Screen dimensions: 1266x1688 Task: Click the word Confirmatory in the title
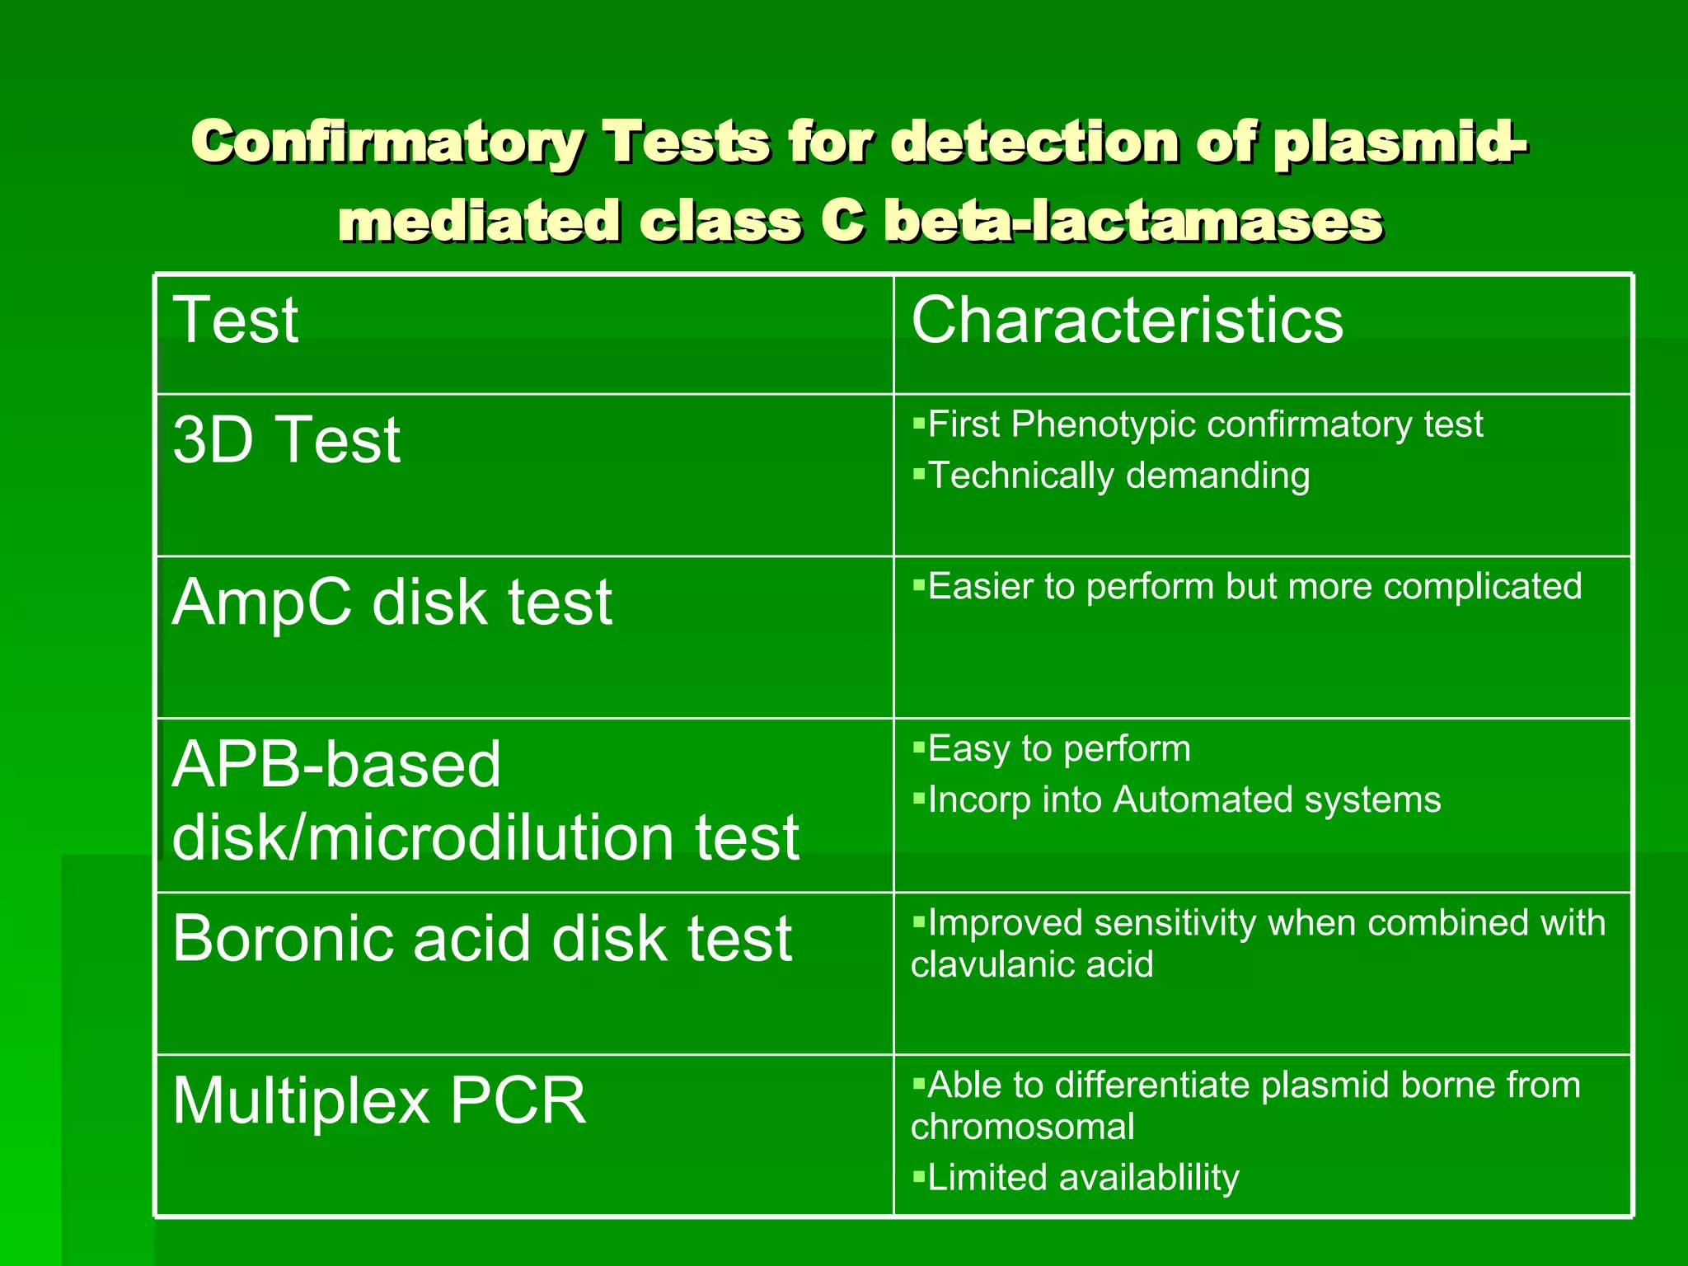pos(387,143)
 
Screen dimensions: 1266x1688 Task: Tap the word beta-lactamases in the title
pos(1132,222)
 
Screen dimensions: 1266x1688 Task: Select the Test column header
pos(236,320)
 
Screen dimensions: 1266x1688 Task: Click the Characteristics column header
pos(1127,320)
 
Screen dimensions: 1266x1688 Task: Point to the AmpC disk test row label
pos(392,602)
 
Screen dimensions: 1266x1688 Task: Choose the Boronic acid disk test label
pos(482,938)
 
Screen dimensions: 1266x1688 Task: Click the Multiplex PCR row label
pos(379,1100)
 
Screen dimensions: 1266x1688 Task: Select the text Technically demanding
pos(1118,476)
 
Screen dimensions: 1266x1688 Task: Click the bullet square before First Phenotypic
pos(919,423)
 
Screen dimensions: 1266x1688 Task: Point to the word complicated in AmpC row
pos(1482,587)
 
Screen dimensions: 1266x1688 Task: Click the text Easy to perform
pos(1059,749)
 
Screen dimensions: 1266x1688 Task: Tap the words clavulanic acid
pos(1032,964)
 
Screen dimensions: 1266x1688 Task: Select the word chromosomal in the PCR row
pos(1022,1127)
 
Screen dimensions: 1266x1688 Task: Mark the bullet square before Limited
pos(919,1176)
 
